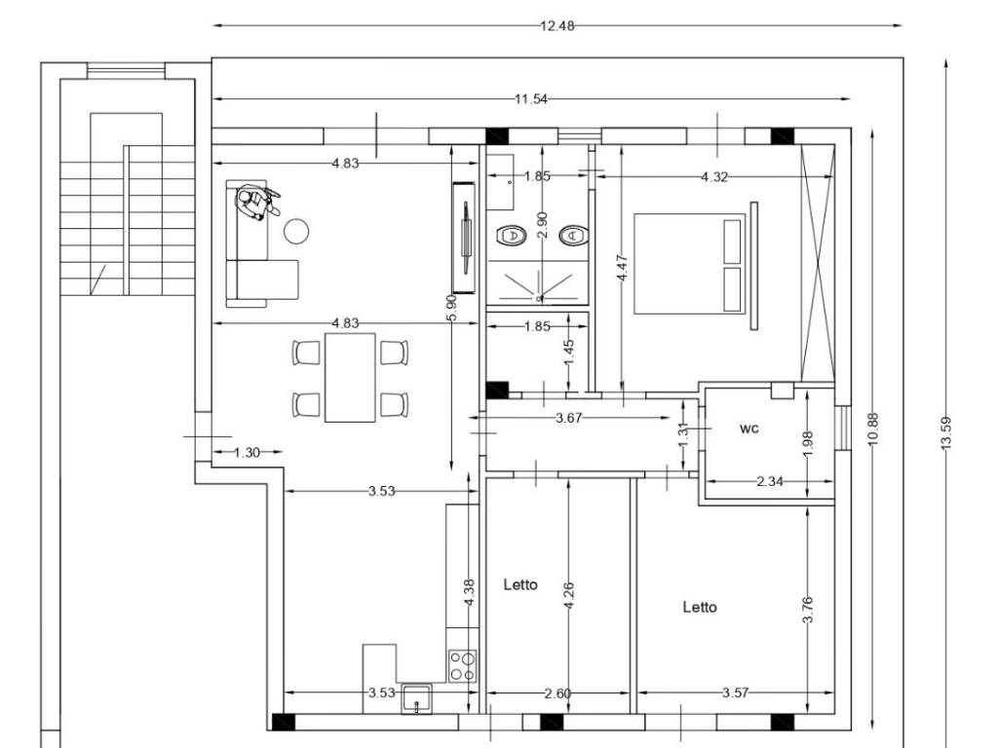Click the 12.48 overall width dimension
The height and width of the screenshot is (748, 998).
(557, 26)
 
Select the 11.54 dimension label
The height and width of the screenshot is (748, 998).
(531, 99)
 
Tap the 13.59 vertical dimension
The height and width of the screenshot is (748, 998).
(945, 433)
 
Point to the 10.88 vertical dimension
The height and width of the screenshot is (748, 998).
(872, 430)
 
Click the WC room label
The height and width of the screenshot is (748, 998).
(749, 429)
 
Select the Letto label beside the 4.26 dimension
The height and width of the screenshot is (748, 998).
(520, 584)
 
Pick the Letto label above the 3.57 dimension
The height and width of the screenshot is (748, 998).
(700, 608)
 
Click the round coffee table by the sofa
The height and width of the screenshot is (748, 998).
(296, 232)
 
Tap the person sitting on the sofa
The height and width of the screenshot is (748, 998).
(256, 203)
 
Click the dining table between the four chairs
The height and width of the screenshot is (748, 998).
(350, 378)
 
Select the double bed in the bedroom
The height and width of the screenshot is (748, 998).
(689, 264)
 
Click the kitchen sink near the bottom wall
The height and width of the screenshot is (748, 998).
(416, 699)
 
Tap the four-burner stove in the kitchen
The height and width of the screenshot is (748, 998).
(463, 666)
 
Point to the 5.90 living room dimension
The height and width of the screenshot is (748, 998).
(451, 308)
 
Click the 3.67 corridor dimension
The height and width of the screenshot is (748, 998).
(568, 418)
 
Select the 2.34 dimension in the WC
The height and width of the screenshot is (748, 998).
(770, 481)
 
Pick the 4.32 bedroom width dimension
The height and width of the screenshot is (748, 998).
(714, 177)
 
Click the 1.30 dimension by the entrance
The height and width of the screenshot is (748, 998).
(247, 452)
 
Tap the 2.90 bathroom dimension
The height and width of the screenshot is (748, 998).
(542, 225)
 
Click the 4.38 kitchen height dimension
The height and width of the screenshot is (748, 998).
(470, 592)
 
